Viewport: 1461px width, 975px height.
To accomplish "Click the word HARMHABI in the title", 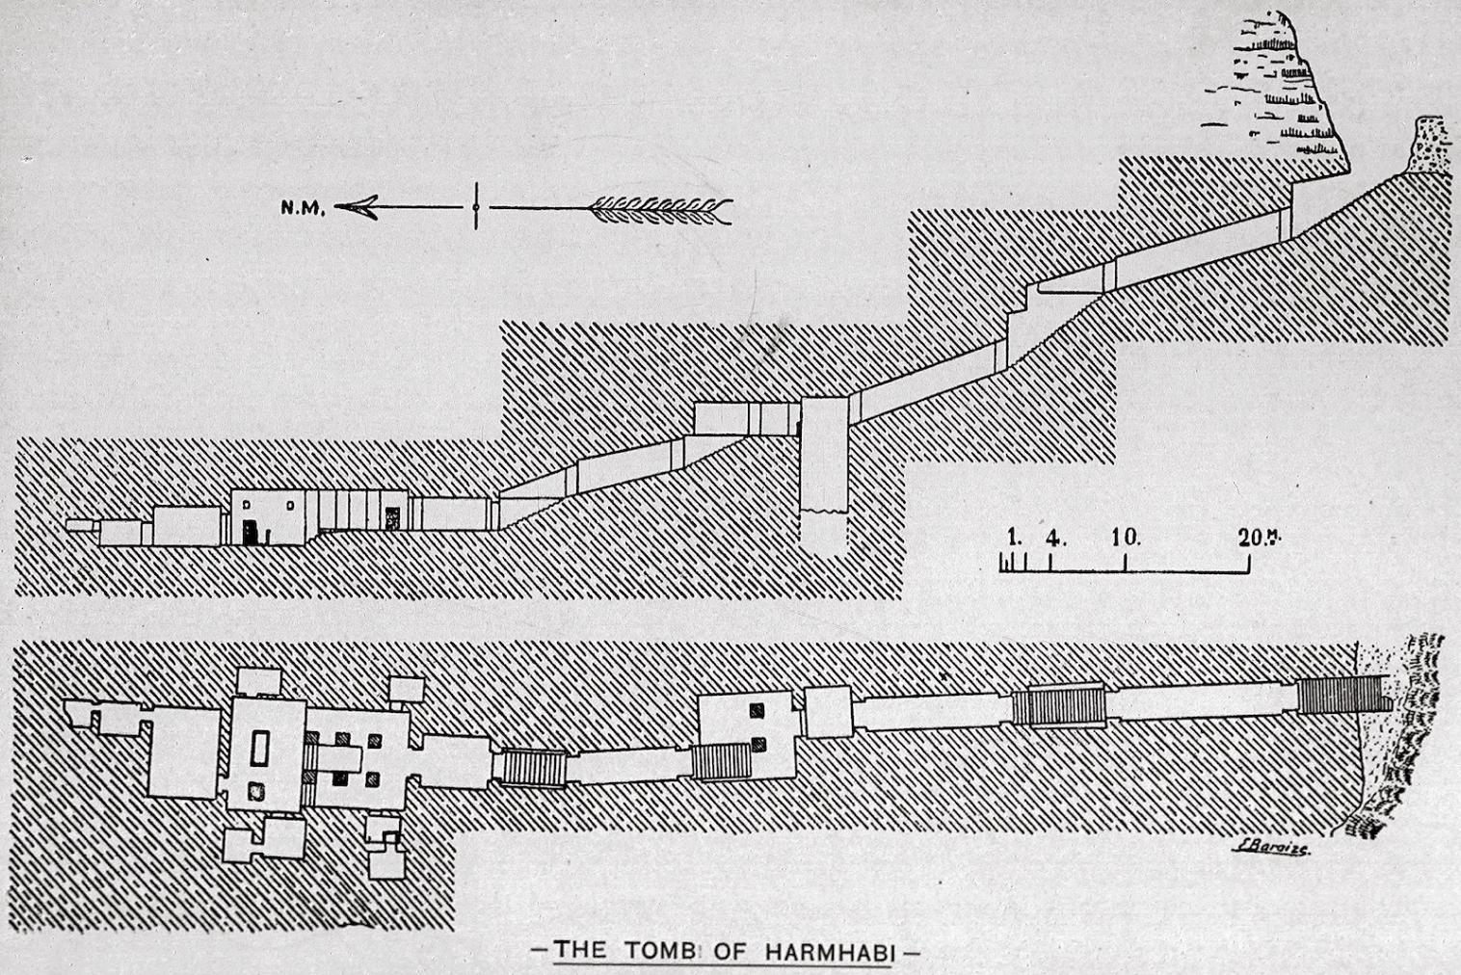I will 830,951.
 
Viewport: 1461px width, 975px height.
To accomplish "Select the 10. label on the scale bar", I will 1126,537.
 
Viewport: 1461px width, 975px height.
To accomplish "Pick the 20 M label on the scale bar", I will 1259,538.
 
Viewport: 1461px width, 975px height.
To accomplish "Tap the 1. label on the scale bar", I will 1014,536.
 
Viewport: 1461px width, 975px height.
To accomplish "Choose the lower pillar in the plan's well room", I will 759,744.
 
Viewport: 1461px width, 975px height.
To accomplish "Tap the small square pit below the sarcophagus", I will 256,792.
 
